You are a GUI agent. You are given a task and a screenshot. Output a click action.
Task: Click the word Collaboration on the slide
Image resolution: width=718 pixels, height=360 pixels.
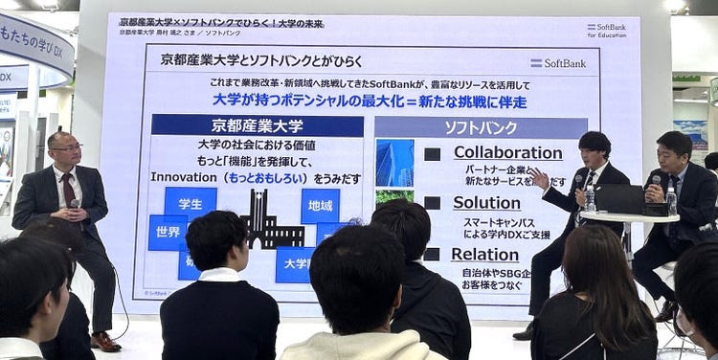[x=507, y=152]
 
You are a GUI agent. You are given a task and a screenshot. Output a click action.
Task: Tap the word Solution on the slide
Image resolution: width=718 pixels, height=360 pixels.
[x=486, y=203]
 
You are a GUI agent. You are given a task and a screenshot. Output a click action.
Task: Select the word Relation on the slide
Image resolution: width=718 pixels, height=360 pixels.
[x=484, y=254]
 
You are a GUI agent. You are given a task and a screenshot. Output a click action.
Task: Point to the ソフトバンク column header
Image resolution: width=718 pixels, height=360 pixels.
[x=481, y=127]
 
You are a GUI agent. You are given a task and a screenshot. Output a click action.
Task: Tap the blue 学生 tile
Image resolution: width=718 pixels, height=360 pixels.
[x=190, y=203]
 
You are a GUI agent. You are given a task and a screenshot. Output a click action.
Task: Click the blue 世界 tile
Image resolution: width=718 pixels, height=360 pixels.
[x=168, y=233]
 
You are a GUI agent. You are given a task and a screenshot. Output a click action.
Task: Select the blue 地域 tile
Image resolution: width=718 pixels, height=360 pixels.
[x=320, y=205]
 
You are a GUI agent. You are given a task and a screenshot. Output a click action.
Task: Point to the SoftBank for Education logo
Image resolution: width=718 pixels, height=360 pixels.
[x=607, y=30]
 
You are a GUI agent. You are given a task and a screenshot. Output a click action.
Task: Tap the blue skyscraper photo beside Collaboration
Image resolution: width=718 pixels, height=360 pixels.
[x=394, y=162]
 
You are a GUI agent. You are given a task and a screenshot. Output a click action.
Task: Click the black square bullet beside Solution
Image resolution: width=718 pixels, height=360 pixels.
[x=432, y=203]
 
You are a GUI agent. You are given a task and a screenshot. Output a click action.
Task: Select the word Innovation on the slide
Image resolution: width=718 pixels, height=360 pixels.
[x=184, y=177]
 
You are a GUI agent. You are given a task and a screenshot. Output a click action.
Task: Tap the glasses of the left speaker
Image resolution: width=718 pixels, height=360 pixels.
[x=65, y=147]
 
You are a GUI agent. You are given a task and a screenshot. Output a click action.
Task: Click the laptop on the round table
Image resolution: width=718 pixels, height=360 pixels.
[x=621, y=199]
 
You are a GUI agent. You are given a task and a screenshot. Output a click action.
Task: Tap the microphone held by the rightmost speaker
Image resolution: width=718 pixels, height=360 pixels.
[x=655, y=181]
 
